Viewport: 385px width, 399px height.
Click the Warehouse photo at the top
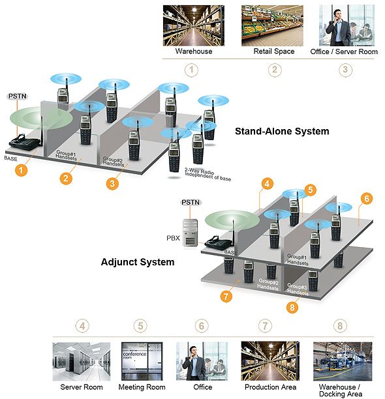pyautogui.click(x=194, y=25)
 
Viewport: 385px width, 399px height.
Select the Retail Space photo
pyautogui.click(x=272, y=25)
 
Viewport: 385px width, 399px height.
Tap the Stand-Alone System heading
pyautogui.click(x=282, y=131)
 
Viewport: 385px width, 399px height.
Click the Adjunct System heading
pyautogui.click(x=138, y=262)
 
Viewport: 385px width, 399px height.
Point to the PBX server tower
pyautogui.click(x=191, y=233)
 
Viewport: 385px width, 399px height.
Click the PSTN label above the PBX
pyautogui.click(x=191, y=202)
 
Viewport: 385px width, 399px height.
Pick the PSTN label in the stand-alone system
pyautogui.click(x=18, y=96)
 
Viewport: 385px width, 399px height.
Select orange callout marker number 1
pyautogui.click(x=21, y=170)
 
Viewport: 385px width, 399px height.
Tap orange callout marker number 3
pyautogui.click(x=112, y=183)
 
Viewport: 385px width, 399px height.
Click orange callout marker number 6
pyautogui.click(x=367, y=198)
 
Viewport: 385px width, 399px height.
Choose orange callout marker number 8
pyautogui.click(x=292, y=307)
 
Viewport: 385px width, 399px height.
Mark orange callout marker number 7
pyautogui.click(x=226, y=296)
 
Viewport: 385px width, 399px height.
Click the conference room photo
pyautogui.click(x=142, y=361)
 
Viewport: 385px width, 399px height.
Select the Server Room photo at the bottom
pyautogui.click(x=82, y=361)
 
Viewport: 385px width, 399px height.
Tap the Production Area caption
pyautogui.click(x=270, y=387)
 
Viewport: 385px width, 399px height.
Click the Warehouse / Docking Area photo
pyautogui.click(x=343, y=361)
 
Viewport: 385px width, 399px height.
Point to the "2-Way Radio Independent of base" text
pyautogui.click(x=208, y=174)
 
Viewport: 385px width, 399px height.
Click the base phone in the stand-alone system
pyautogui.click(x=25, y=141)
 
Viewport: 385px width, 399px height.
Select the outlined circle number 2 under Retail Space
pyautogui.click(x=275, y=70)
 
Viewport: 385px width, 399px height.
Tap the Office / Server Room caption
pyautogui.click(x=344, y=52)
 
